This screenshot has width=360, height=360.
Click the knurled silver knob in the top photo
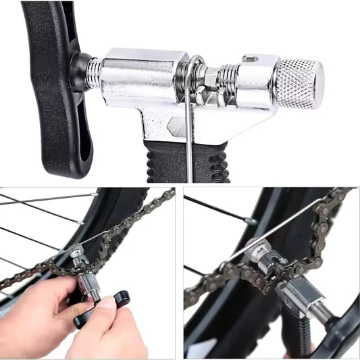[x=301, y=84]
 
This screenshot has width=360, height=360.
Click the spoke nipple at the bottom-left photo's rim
[x=80, y=222]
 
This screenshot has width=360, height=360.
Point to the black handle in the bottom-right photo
[x=341, y=331]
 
